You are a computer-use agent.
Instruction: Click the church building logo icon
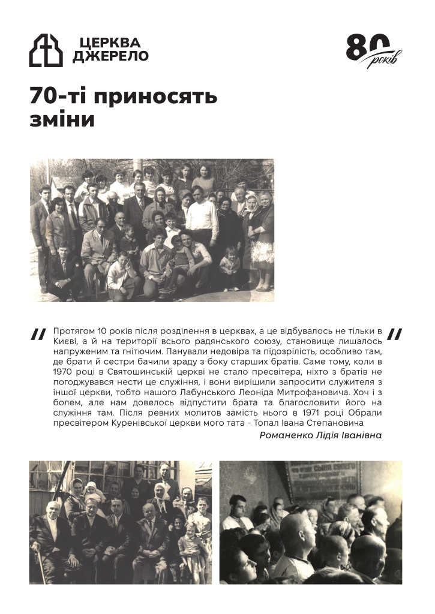pyautogui.click(x=46, y=50)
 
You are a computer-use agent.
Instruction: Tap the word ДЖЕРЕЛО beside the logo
pyautogui.click(x=110, y=56)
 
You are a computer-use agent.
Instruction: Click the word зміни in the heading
pyautogui.click(x=62, y=119)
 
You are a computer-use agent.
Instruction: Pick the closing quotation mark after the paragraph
pyautogui.click(x=395, y=333)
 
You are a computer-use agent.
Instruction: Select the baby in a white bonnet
pyautogui.click(x=93, y=492)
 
